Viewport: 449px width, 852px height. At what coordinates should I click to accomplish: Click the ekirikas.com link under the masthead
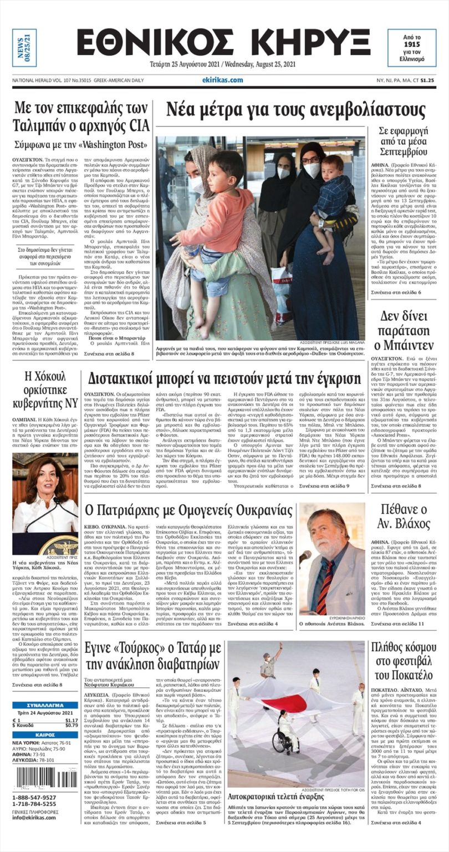coord(222,80)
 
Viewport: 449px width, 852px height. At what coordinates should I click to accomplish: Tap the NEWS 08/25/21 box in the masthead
coord(24,48)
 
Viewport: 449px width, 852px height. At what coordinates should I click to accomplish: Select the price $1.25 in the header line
coord(427,80)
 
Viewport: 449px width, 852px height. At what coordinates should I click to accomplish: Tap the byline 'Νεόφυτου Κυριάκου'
coord(109,686)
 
